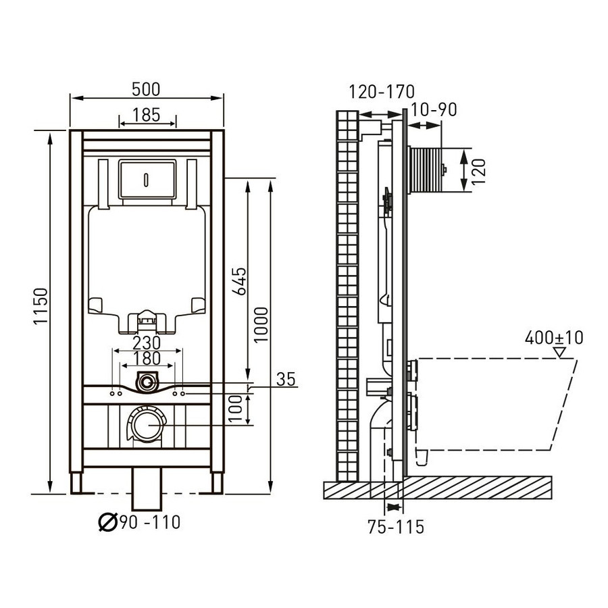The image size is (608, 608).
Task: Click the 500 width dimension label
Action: [x=146, y=89]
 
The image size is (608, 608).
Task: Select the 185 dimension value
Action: [x=146, y=115]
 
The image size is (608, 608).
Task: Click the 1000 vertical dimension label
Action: [x=261, y=324]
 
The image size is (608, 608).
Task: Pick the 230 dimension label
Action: [x=147, y=343]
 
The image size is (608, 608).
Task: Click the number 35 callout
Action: [x=286, y=380]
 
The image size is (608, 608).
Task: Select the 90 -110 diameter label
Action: [x=150, y=522]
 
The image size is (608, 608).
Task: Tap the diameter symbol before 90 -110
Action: [x=107, y=522]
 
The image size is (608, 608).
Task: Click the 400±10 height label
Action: [x=554, y=338]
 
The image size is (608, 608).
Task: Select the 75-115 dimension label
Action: [x=396, y=528]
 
